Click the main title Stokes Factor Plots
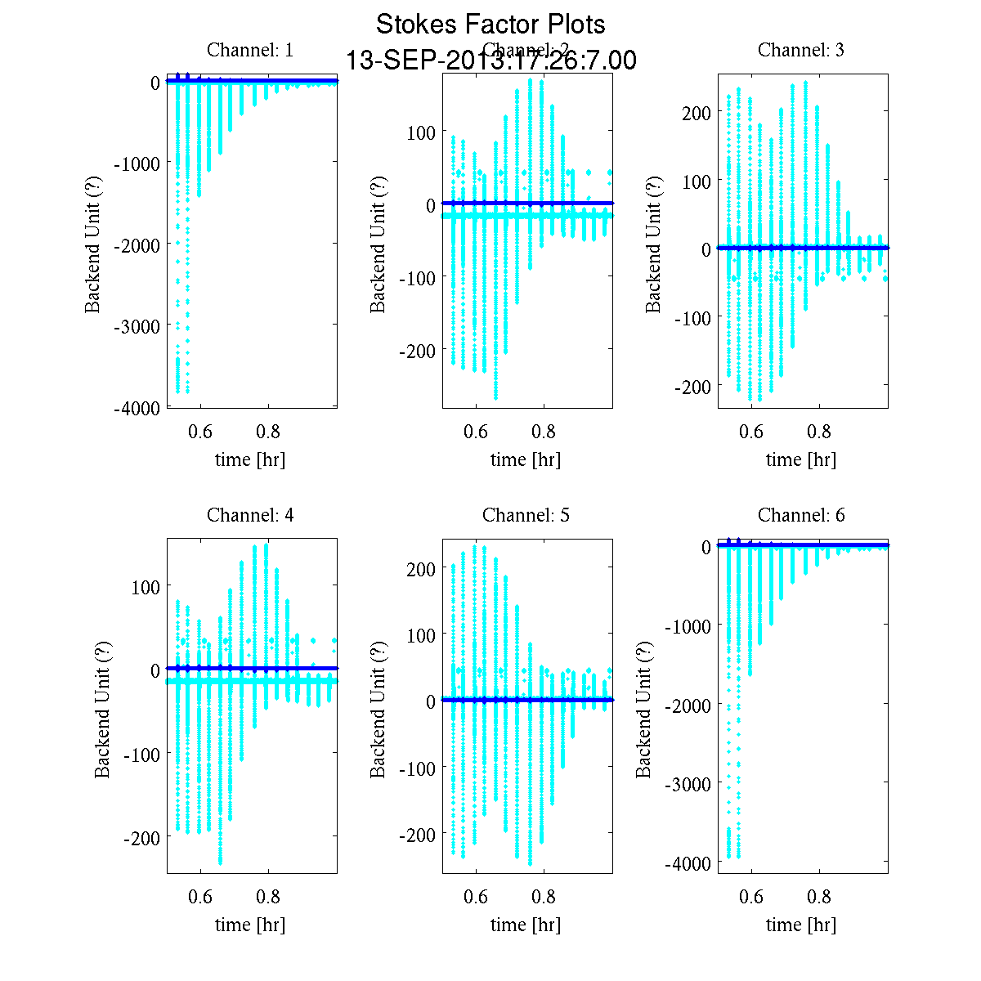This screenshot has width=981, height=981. pyautogui.click(x=490, y=25)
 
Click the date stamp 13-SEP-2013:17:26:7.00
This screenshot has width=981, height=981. pyautogui.click(x=490, y=60)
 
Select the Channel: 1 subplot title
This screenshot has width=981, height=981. pyautogui.click(x=250, y=50)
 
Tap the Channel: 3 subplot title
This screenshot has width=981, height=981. pyautogui.click(x=801, y=50)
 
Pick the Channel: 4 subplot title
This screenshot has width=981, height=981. pyautogui.click(x=250, y=515)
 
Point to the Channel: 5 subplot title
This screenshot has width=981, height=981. pyautogui.click(x=526, y=515)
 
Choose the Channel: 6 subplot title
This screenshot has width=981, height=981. pyautogui.click(x=801, y=515)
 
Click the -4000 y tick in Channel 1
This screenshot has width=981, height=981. pyautogui.click(x=137, y=409)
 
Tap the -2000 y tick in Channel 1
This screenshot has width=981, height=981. pyautogui.click(x=137, y=244)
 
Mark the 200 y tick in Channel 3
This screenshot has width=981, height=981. pyautogui.click(x=695, y=112)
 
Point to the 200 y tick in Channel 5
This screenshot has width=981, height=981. pyautogui.click(x=421, y=569)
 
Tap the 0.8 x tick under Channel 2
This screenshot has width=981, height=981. pyautogui.click(x=544, y=432)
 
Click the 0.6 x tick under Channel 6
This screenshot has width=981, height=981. pyautogui.click(x=751, y=897)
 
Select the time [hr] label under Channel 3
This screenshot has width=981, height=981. pyautogui.click(x=801, y=459)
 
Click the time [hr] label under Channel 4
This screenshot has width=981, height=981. pyautogui.click(x=250, y=925)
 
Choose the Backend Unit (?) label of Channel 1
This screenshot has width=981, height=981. pyautogui.click(x=93, y=244)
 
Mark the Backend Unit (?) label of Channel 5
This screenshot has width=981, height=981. pyautogui.click(x=377, y=710)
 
